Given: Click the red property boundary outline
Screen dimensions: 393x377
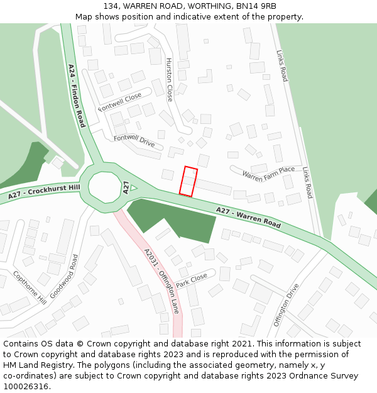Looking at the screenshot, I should coord(188,182).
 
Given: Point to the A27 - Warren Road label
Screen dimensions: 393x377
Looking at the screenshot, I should coord(248,217).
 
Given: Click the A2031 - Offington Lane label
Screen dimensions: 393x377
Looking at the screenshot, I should coord(161,281).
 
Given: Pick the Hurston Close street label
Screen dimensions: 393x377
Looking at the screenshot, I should coord(169,80).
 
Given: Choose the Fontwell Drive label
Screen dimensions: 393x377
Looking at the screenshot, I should coord(134,141).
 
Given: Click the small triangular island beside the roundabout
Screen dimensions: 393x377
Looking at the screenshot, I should coord(133,187).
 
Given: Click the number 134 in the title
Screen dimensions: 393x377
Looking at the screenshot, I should coord(111,6).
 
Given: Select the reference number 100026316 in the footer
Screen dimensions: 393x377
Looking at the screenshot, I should coord(26,386).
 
